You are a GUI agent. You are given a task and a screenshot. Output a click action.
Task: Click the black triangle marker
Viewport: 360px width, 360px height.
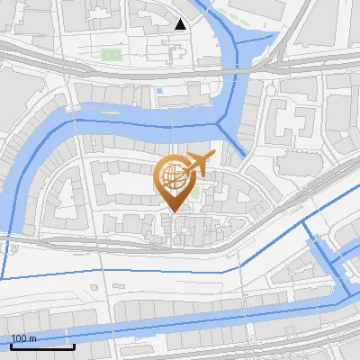(181, 24)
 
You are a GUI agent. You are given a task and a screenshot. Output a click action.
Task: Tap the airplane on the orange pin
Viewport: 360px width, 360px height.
(197, 163)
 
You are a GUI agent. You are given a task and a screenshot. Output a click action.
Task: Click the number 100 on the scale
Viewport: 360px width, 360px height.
(20, 338)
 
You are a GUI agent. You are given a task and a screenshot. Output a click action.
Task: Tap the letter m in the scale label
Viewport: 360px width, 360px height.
(33, 338)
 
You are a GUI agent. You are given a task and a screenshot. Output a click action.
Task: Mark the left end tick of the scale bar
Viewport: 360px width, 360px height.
(12, 346)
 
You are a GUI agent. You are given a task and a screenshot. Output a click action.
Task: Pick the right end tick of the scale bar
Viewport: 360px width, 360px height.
(74, 346)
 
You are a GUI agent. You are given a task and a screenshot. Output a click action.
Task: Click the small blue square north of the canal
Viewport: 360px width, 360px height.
(159, 90)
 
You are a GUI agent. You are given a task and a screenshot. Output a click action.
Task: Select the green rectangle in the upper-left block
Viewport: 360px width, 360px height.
(111, 55)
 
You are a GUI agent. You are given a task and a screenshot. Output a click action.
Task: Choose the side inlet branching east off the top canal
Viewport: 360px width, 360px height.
(270, 36)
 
